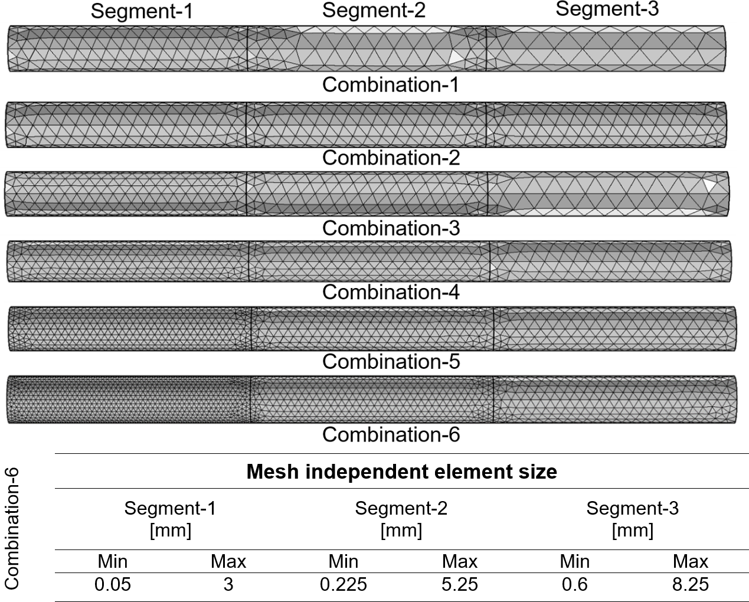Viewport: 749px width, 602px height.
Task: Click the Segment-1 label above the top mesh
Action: point(142,11)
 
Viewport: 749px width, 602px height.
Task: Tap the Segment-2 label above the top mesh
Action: point(374,10)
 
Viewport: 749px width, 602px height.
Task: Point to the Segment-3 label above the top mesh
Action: point(607,9)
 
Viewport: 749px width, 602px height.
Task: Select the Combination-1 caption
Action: point(391,84)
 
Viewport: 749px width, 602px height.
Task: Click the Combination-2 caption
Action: point(391,158)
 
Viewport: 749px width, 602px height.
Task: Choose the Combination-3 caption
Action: point(391,228)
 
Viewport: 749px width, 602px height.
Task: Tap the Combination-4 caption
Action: point(391,292)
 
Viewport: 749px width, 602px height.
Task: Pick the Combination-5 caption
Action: point(391,361)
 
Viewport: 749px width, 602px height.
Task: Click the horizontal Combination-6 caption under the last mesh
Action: point(391,434)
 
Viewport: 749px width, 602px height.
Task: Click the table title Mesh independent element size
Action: point(401,472)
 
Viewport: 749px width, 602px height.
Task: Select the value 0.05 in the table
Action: point(113,584)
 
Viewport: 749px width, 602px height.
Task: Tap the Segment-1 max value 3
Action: point(228,584)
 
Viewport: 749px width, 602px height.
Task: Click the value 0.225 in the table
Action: point(344,584)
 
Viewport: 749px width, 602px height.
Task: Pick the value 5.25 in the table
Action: point(460,584)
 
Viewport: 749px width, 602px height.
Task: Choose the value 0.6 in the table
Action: point(575,584)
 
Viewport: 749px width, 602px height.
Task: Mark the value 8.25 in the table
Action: point(691,584)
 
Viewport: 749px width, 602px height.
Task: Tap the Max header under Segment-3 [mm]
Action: point(691,561)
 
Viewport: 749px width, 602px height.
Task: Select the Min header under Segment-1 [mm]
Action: point(113,561)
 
